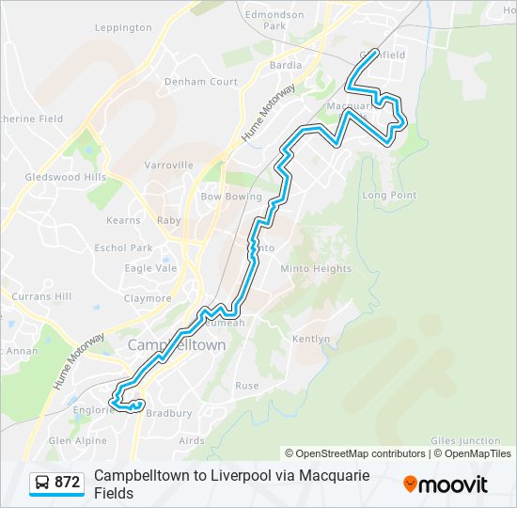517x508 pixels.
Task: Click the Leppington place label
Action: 123,27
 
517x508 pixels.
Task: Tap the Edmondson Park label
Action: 274,20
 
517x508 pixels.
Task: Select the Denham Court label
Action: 201,82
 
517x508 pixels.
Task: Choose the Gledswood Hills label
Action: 66,177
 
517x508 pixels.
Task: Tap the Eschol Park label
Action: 123,248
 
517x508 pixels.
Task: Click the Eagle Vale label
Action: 150,268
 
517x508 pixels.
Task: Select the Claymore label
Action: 149,298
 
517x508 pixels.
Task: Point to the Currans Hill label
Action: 41,296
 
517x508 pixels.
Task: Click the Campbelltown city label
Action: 178,345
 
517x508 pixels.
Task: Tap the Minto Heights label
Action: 317,268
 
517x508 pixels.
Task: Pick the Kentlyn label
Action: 312,339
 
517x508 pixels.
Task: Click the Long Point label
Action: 389,195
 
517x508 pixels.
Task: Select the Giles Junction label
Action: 465,440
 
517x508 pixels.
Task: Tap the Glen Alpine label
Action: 78,440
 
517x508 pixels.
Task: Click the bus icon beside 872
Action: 43,483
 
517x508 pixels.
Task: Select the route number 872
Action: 67,483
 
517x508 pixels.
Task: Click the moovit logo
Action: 446,484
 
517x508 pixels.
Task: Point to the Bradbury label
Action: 171,413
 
